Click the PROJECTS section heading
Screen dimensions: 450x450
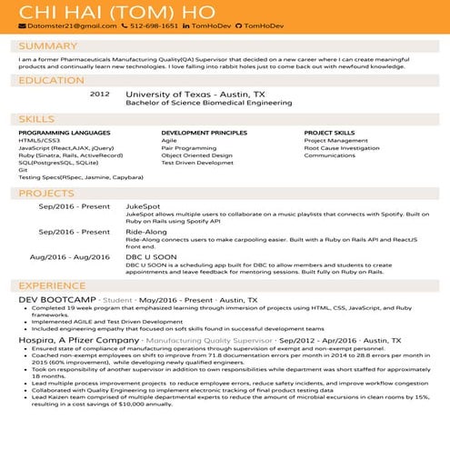click(46, 194)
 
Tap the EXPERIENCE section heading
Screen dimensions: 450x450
click(53, 285)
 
